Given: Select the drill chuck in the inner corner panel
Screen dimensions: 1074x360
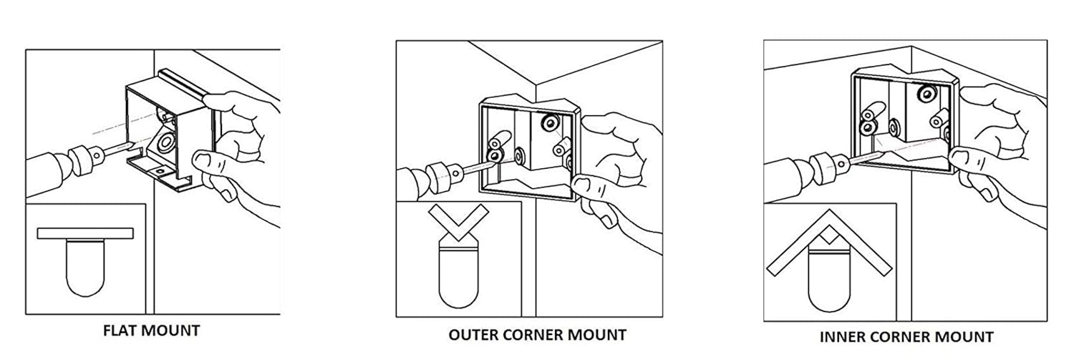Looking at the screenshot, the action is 828,165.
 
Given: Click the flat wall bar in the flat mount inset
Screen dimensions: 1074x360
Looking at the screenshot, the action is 85,233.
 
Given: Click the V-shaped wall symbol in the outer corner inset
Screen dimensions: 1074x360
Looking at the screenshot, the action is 458,223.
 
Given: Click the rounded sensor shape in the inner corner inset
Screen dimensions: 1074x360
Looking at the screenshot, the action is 829,278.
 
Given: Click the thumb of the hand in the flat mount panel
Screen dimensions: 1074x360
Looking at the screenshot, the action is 225,102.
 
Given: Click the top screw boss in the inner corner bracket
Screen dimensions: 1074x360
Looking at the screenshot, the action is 927,94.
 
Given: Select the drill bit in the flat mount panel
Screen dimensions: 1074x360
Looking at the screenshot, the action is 117,149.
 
